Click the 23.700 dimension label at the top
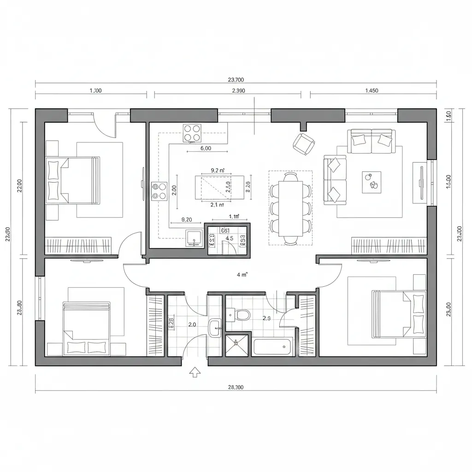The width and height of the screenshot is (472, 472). click(x=236, y=79)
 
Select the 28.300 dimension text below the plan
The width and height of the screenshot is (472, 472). click(x=236, y=387)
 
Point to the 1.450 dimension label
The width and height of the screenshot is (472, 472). click(x=372, y=90)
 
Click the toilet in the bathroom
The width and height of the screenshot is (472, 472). click(x=242, y=316)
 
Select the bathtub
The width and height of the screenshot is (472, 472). click(x=272, y=346)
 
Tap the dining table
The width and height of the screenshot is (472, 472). click(x=291, y=207)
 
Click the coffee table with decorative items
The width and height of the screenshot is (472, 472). click(x=372, y=182)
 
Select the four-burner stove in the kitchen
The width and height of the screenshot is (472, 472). click(x=192, y=133)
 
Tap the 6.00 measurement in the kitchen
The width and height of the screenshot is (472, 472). click(x=206, y=148)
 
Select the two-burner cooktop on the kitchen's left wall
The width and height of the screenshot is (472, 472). click(x=159, y=191)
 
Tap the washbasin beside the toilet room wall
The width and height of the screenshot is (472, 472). click(x=215, y=328)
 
